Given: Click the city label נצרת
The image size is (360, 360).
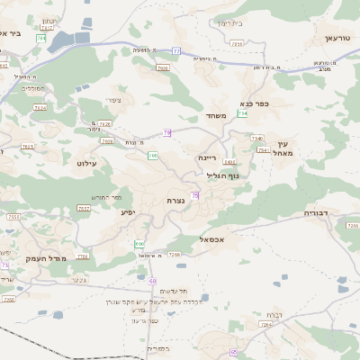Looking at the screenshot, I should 175,200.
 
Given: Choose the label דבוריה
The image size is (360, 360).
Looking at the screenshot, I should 319,213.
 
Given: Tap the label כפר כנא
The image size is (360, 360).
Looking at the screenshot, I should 256,103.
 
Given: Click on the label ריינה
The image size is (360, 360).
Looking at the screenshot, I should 208,157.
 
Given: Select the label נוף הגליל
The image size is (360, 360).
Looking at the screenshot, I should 222,175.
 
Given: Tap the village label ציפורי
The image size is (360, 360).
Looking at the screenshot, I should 113,100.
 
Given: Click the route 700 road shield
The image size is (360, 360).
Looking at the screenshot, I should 153,157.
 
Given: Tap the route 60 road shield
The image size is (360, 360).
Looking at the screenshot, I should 153,281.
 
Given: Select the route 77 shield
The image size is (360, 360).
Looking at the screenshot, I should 177,51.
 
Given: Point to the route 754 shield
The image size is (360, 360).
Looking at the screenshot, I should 242,114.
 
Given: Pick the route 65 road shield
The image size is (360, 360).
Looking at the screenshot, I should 233,352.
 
